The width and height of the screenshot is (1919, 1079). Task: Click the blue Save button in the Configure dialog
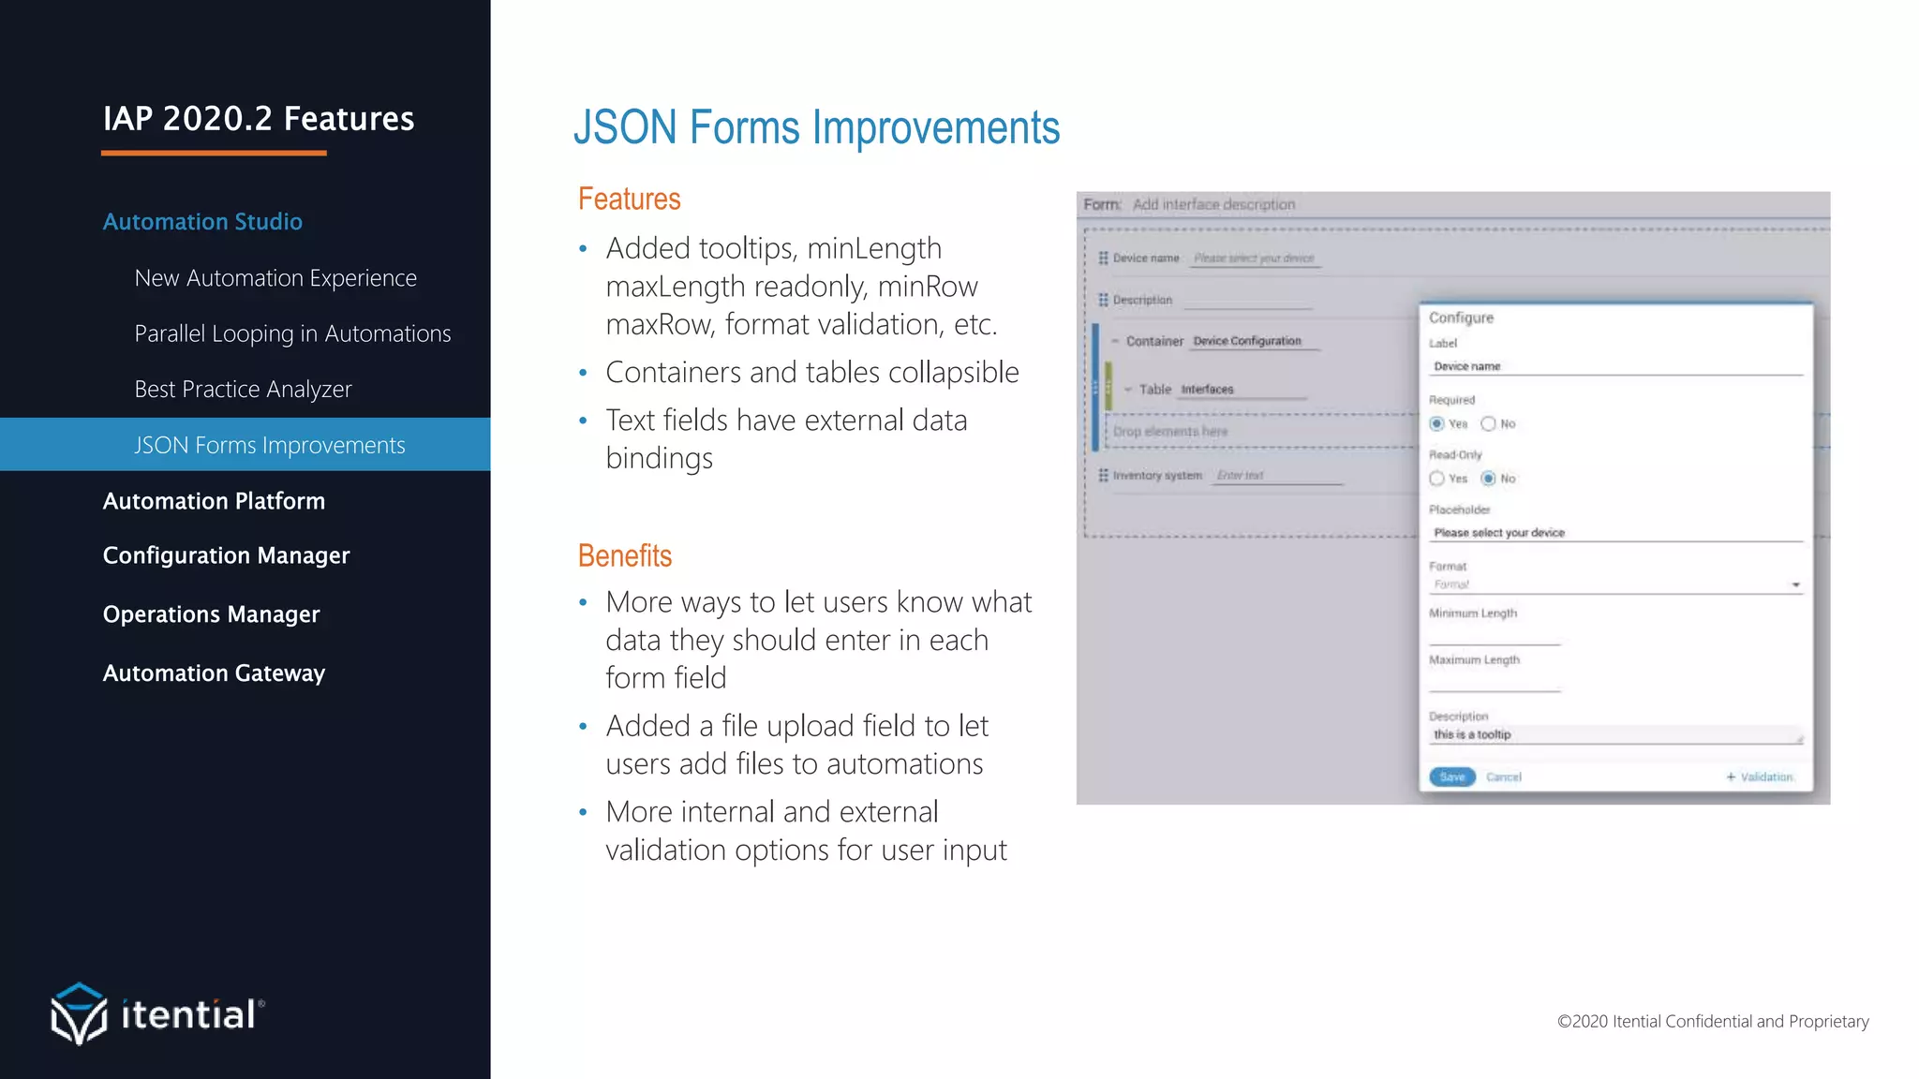pos(1451,776)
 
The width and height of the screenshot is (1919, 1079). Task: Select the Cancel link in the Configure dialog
pos(1503,776)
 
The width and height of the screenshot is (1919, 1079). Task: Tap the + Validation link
pos(1761,776)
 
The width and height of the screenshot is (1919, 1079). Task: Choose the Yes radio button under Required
pos(1436,423)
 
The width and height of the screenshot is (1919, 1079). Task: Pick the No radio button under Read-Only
pos(1488,478)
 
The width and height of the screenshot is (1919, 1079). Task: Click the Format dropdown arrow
pos(1795,584)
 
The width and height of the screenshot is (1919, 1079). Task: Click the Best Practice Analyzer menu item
pos(243,389)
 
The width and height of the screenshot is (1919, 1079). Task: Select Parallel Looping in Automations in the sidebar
pos(292,333)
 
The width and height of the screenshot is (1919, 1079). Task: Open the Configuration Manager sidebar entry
pos(226,555)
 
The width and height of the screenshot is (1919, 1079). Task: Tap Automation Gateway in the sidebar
pos(214,673)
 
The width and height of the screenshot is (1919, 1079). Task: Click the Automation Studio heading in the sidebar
pos(202,221)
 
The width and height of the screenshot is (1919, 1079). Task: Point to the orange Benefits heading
pos(625,555)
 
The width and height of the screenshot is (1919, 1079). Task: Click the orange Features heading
pos(629,199)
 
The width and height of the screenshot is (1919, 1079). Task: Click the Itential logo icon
pos(79,1012)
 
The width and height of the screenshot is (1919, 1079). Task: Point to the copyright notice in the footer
pos(1712,1021)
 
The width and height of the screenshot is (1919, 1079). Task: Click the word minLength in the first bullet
pos(873,248)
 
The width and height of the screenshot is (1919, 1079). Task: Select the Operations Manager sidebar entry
pos(211,613)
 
